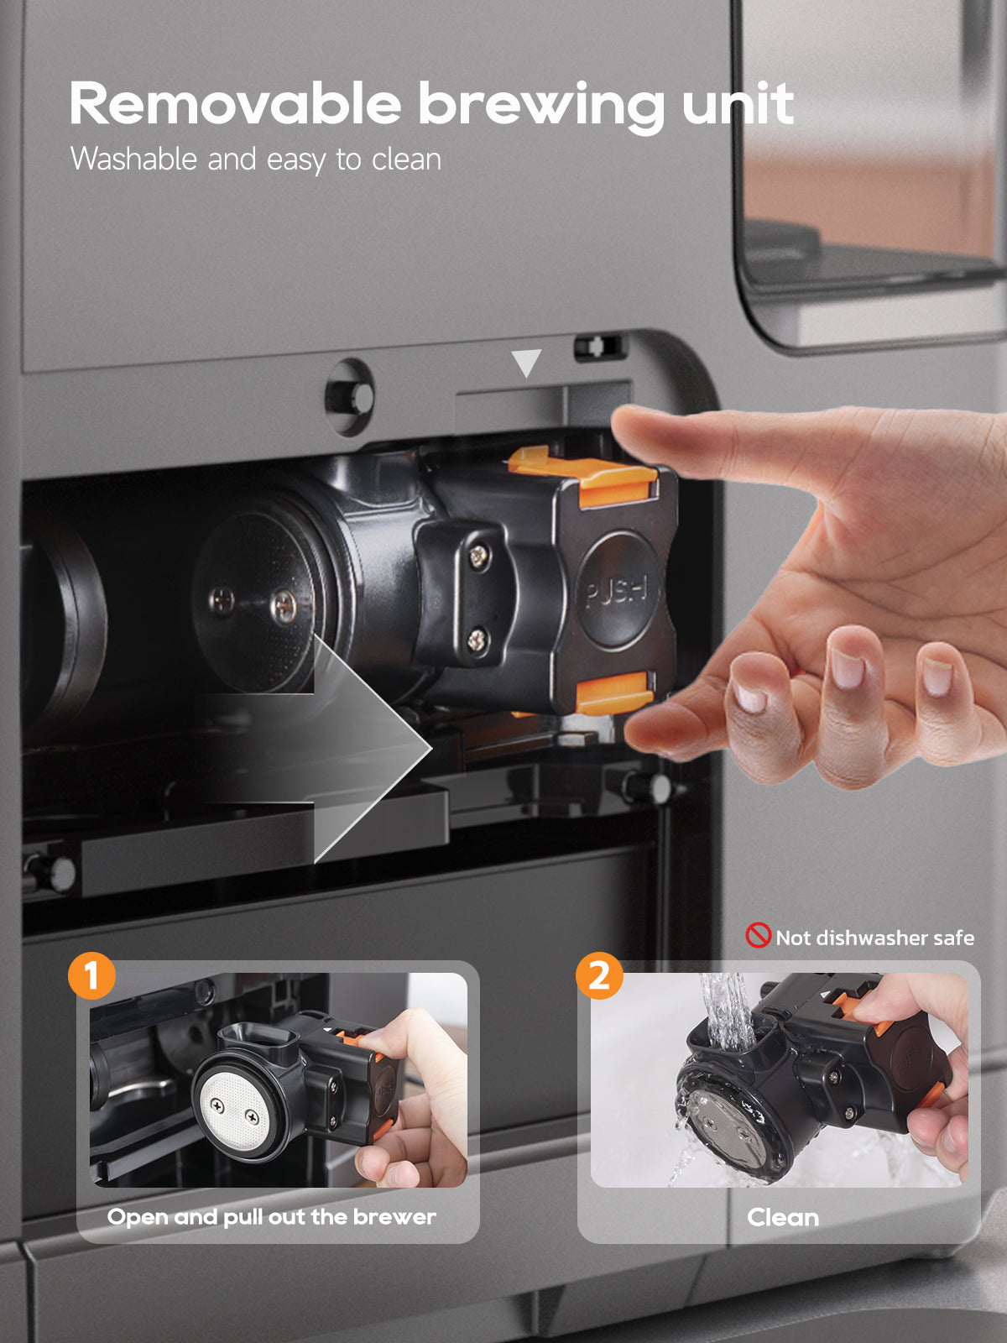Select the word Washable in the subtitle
[x=134, y=159]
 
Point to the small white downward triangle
[x=526, y=362]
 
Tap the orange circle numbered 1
[x=91, y=975]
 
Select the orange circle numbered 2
[x=599, y=975]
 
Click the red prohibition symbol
[x=758, y=935]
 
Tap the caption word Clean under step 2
[x=783, y=1218]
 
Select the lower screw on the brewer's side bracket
[x=477, y=640]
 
